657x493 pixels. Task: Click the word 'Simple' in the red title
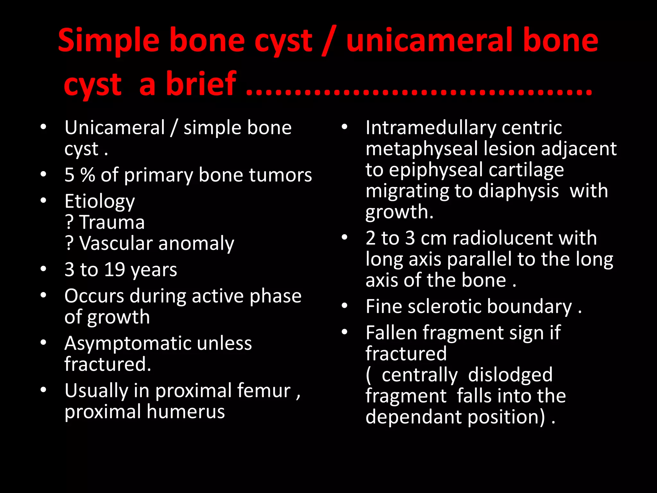(108, 41)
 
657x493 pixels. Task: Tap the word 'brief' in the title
(201, 84)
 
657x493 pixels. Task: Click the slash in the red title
(328, 41)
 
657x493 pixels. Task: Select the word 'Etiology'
(99, 202)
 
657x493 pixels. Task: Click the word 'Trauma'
(112, 222)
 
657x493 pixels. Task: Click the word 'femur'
(263, 391)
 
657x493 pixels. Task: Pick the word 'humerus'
(186, 412)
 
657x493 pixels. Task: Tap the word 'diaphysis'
(518, 191)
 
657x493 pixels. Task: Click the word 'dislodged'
(510, 375)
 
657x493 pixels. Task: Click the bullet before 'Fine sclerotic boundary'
(344, 306)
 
